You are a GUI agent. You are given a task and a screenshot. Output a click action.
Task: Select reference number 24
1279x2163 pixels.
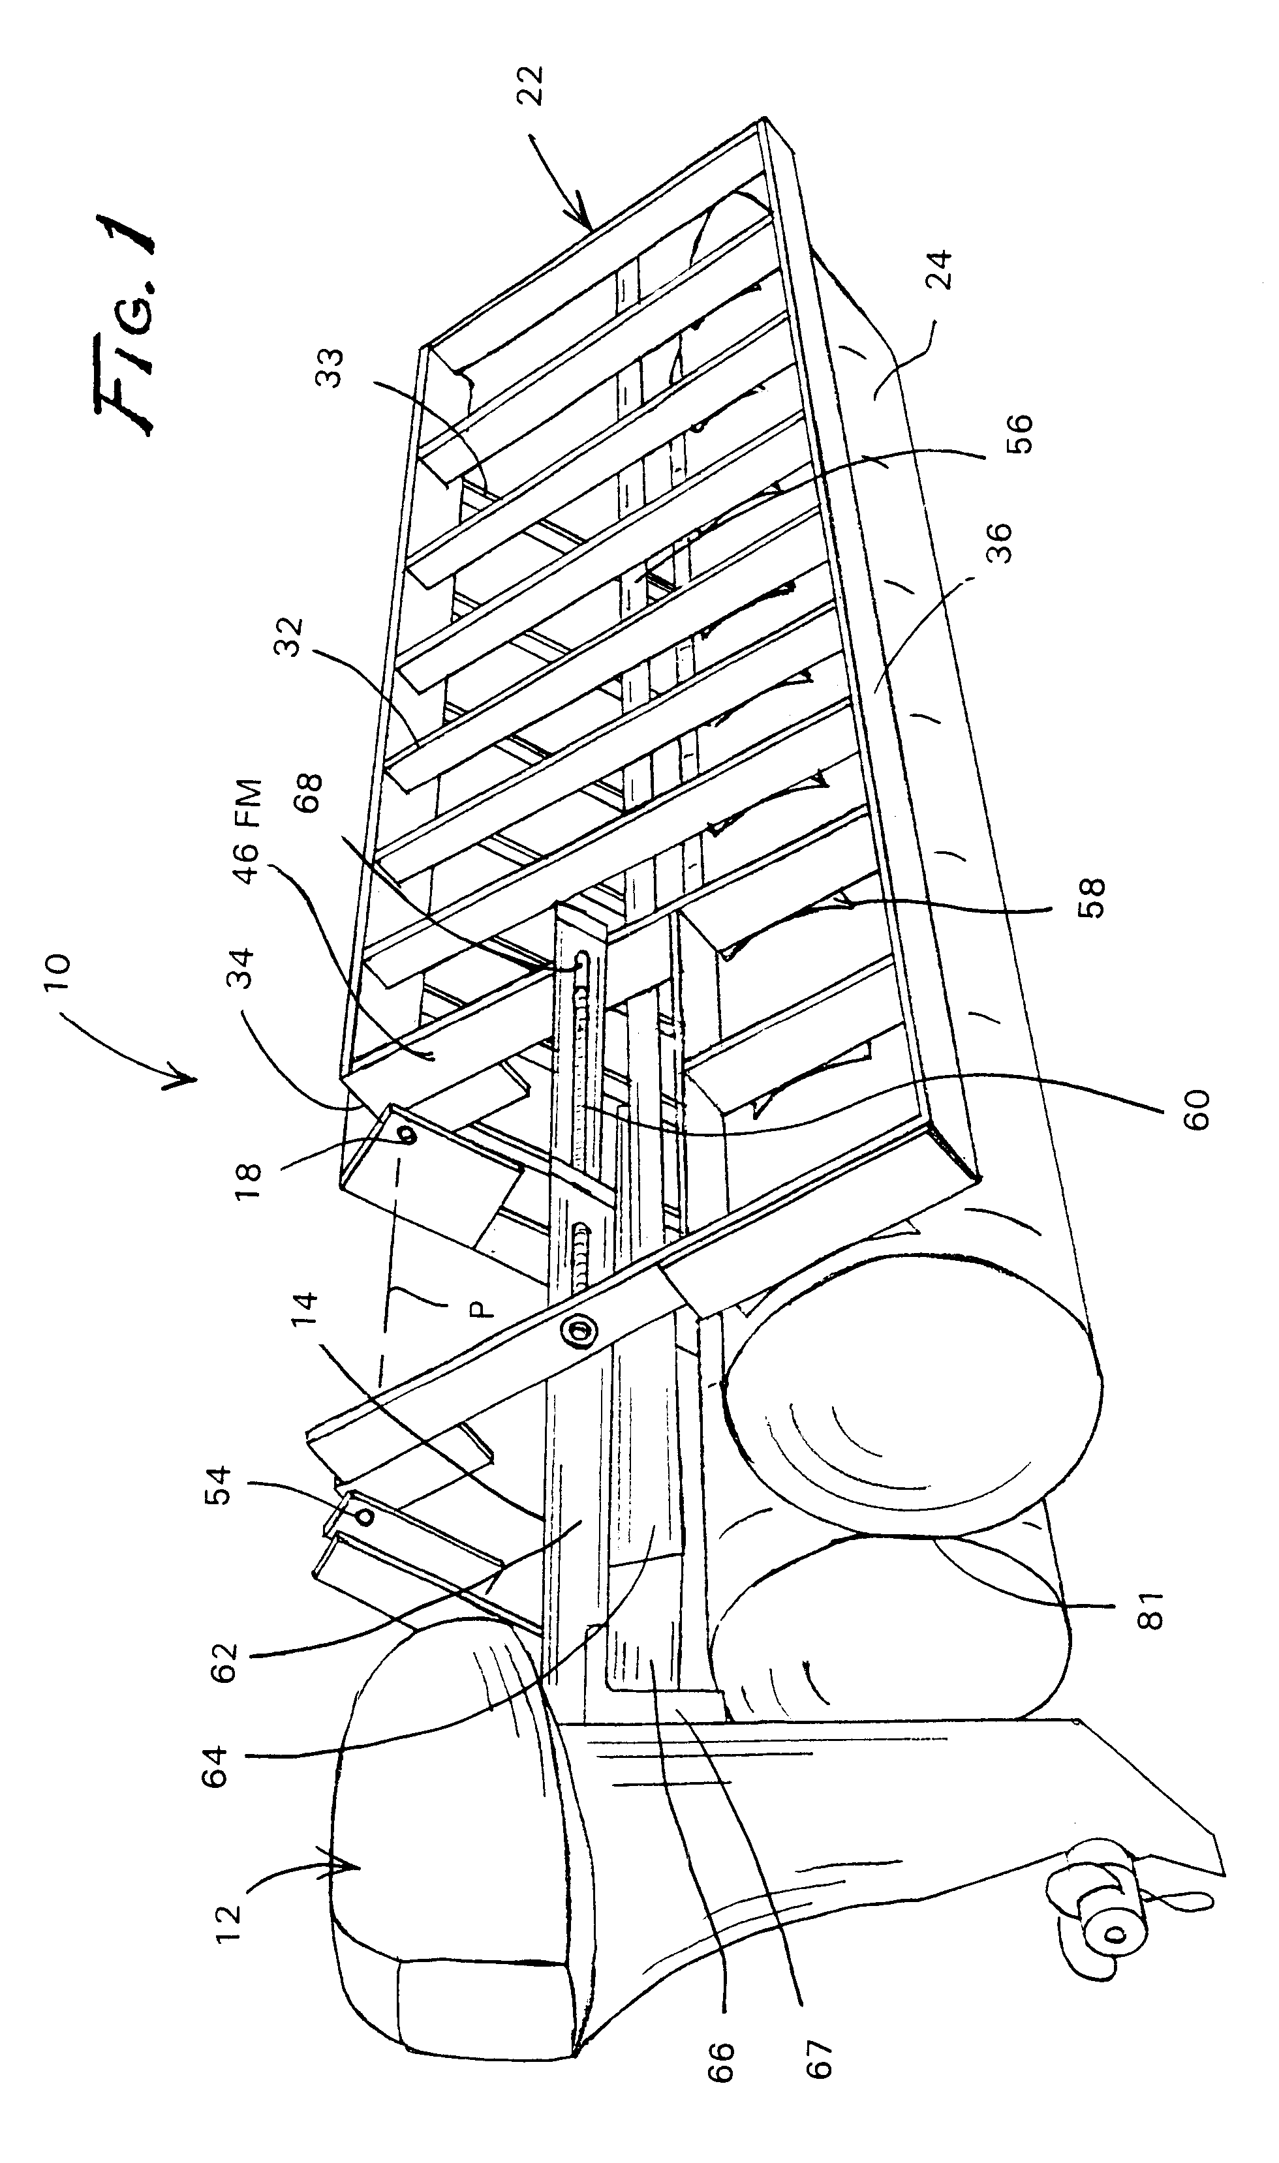942,269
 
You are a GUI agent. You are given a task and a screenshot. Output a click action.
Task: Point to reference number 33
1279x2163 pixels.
330,368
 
